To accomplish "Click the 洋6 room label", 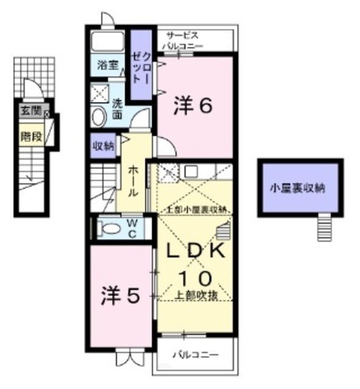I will [x=193, y=105].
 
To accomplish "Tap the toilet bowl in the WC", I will [x=110, y=229].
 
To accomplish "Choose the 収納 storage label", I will [x=103, y=145].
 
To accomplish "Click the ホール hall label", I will [x=134, y=179].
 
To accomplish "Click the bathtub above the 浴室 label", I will [x=108, y=43].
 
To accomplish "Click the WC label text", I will [x=131, y=229].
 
